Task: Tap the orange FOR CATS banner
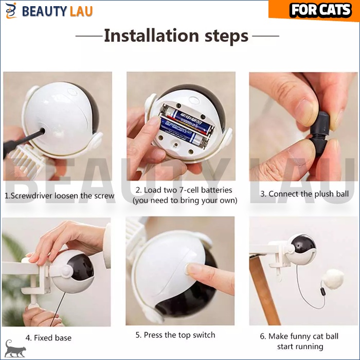tap(314, 10)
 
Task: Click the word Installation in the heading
tap(152, 35)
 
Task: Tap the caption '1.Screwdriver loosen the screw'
tap(60, 195)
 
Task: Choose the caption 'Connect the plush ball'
tap(309, 194)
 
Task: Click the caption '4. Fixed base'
tap(48, 338)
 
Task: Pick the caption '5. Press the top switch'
tap(175, 335)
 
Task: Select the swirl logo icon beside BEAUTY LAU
tap(11, 11)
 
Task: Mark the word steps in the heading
tap(226, 36)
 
